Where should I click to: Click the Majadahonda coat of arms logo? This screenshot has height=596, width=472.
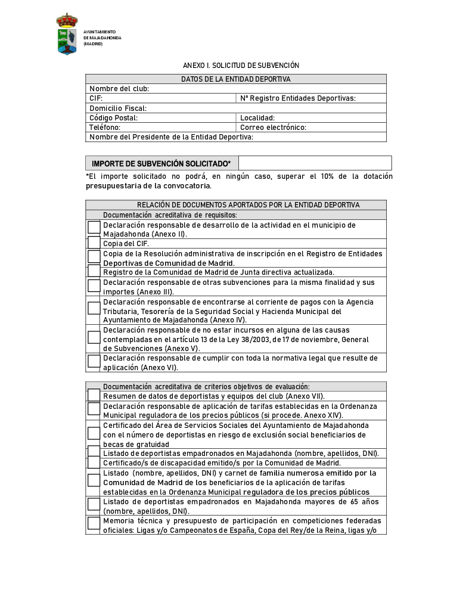point(67,34)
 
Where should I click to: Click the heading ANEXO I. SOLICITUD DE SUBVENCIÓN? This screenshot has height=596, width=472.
point(241,65)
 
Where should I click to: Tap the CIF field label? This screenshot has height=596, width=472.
point(96,98)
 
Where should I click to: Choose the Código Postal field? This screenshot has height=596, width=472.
point(161,118)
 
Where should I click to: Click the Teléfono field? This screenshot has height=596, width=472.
point(161,128)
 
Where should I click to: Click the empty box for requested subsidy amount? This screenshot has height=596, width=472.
point(315,163)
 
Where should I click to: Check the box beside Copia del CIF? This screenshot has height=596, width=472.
point(94,243)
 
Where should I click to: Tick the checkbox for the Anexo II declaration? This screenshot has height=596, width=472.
point(94,227)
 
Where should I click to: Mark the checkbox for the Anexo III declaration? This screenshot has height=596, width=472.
point(94,286)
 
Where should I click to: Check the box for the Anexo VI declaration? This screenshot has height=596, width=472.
point(94,361)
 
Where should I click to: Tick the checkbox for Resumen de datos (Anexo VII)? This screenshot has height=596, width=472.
point(94,395)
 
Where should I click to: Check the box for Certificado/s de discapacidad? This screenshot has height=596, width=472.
point(94,462)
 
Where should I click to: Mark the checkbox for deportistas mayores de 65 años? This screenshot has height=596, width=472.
point(94,504)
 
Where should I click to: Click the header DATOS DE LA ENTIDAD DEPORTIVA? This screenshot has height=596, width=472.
point(236,79)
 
